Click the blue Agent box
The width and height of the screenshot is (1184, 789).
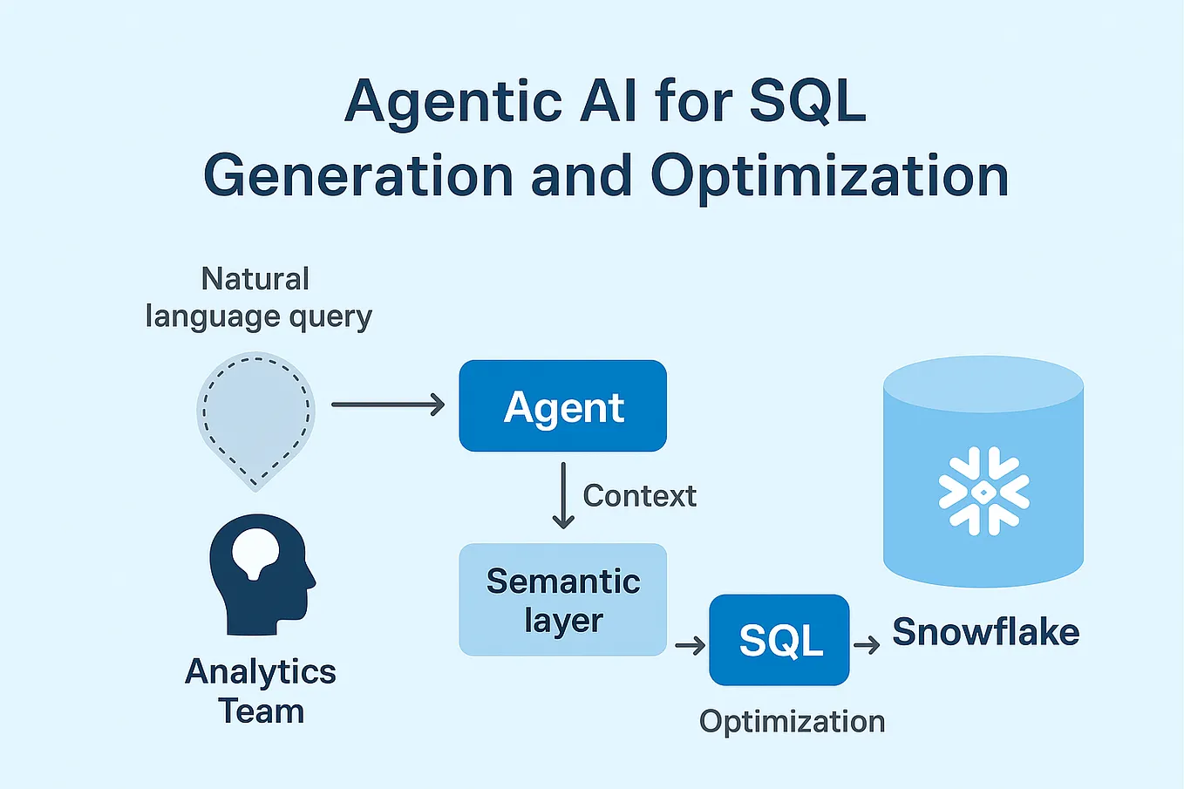click(x=562, y=406)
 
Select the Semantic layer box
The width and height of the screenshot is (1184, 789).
click(x=562, y=600)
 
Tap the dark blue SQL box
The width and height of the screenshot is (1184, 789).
click(x=779, y=641)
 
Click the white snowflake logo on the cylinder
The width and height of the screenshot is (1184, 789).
click(x=983, y=491)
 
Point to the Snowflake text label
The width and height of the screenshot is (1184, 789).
click(x=985, y=632)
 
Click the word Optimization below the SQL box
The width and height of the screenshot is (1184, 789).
click(x=792, y=722)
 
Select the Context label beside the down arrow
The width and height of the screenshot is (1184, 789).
click(x=639, y=496)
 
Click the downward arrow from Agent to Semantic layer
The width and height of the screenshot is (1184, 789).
click(x=563, y=495)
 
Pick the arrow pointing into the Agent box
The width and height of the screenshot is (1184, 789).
click(x=388, y=405)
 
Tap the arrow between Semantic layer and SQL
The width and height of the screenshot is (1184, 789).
click(x=690, y=645)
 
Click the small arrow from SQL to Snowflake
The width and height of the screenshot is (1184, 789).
click(x=867, y=645)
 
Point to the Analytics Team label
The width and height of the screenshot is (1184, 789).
click(x=261, y=691)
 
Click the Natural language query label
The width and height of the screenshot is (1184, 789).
click(x=258, y=298)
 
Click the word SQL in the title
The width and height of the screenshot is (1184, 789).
click(x=807, y=101)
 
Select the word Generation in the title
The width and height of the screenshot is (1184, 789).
click(x=358, y=176)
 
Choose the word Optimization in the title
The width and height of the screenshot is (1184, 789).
click(x=829, y=176)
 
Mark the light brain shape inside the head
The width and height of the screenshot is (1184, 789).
click(x=255, y=552)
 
